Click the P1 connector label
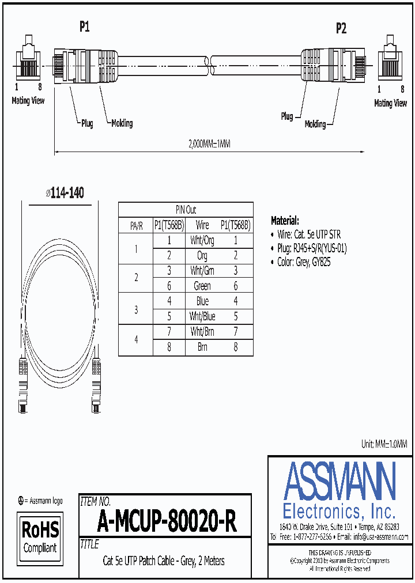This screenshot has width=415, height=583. pyautogui.click(x=85, y=26)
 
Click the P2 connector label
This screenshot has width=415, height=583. pyautogui.click(x=341, y=29)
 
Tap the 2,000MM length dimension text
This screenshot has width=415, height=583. pyautogui.click(x=209, y=145)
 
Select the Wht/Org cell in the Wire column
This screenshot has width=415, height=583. pyautogui.click(x=202, y=241)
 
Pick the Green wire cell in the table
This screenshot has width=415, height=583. pyautogui.click(x=202, y=286)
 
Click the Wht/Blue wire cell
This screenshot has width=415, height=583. pyautogui.click(x=202, y=316)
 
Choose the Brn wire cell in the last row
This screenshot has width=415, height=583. pyautogui.click(x=202, y=347)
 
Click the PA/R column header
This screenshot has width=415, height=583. pyautogui.click(x=135, y=225)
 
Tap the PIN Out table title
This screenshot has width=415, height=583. pyautogui.click(x=186, y=210)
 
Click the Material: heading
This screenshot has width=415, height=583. pyautogui.click(x=285, y=221)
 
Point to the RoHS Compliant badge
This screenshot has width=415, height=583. pyautogui.click(x=40, y=536)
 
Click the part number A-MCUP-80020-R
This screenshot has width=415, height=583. pyautogui.click(x=167, y=522)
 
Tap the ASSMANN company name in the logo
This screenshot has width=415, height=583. pyautogui.click(x=339, y=480)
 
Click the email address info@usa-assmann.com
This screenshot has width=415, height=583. pyautogui.click(x=373, y=537)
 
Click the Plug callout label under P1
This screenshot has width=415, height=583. pyautogui.click(x=87, y=123)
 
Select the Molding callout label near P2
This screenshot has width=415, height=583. pyautogui.click(x=315, y=124)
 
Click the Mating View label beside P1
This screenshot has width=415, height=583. pyautogui.click(x=28, y=101)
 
